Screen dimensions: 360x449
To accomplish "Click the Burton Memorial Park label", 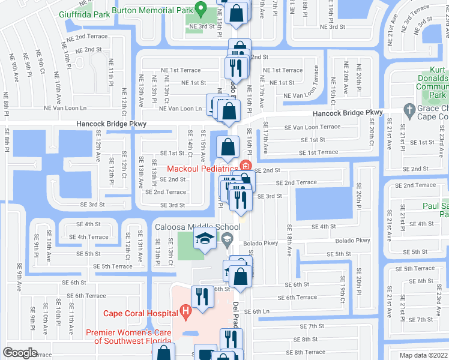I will pos(154,10).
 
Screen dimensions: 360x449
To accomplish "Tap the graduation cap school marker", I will pos(204,238).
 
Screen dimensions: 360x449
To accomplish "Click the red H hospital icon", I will pos(186,311).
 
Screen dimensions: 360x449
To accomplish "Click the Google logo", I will pos(20,352).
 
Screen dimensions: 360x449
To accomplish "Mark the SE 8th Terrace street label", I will pos(306,352).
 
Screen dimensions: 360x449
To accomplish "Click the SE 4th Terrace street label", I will pos(88,237).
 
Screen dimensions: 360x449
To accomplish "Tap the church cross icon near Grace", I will pos(409,109).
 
